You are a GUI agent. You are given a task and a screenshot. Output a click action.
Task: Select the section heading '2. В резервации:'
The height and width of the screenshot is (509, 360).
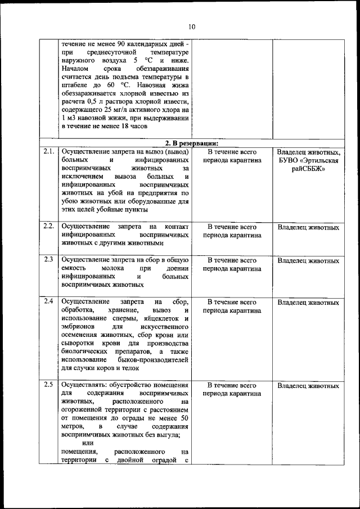[x=192, y=142]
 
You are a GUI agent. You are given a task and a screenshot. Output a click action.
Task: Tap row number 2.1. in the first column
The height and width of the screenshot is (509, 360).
[x=49, y=152]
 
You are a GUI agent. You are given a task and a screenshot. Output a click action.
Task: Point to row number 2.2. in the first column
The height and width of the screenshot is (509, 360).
[x=49, y=226]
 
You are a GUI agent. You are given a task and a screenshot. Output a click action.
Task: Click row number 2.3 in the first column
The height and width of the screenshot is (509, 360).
[x=49, y=260]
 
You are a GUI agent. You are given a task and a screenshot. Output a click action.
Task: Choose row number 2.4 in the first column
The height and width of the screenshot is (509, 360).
[x=49, y=301]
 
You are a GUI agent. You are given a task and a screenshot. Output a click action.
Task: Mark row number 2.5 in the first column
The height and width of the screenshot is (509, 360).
[x=49, y=385]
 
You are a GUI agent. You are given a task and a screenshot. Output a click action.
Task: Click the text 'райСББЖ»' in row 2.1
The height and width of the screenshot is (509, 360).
[x=308, y=169]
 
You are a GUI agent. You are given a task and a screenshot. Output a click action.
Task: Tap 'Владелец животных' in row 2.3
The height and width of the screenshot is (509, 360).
[x=308, y=261]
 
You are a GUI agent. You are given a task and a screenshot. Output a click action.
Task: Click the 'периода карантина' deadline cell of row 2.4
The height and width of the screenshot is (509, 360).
[x=232, y=310]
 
